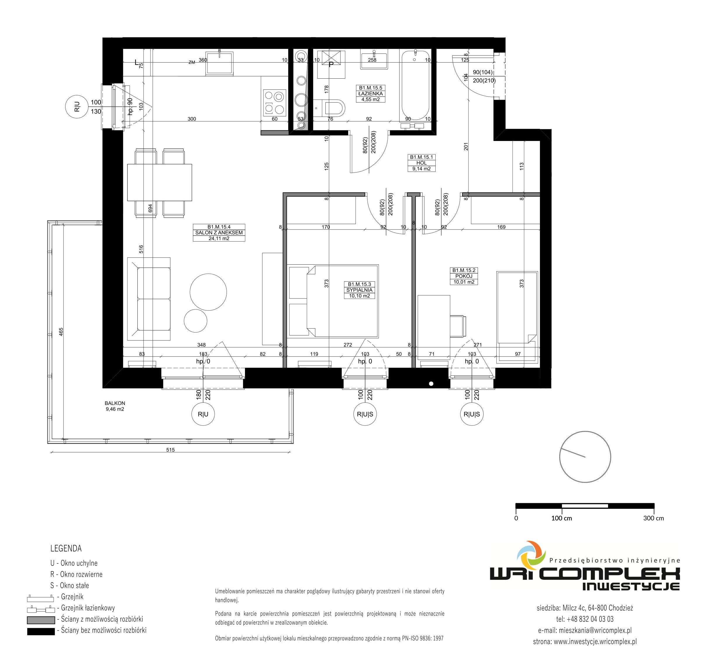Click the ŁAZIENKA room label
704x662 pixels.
(x=370, y=94)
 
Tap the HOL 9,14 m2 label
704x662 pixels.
(x=421, y=163)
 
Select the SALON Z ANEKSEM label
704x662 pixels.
(x=219, y=233)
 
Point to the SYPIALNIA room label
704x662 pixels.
(x=359, y=290)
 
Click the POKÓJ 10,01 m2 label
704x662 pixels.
(x=464, y=276)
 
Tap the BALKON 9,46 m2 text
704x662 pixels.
(x=115, y=406)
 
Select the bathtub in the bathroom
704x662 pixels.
(x=415, y=85)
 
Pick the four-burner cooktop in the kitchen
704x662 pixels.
(x=275, y=103)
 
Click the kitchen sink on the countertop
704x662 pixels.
(x=220, y=63)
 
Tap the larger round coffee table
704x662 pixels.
(x=208, y=292)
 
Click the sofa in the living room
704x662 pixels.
(x=149, y=299)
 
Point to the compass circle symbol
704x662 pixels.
(x=585, y=456)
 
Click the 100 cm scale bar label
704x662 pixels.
(x=562, y=518)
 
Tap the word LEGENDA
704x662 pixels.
(x=66, y=548)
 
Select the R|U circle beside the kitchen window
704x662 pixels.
(x=77, y=107)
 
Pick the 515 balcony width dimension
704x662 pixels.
(x=170, y=450)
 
